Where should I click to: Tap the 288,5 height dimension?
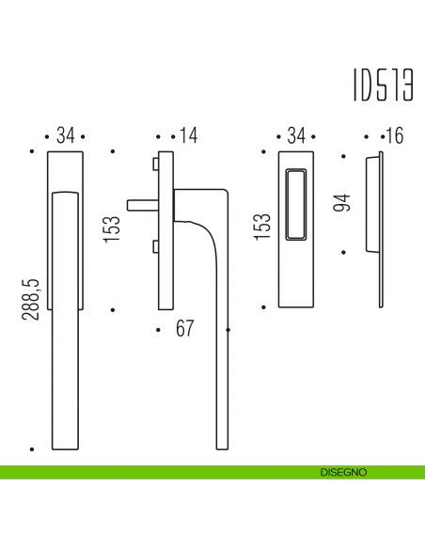[x=30, y=299]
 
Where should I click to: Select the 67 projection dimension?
[x=183, y=329]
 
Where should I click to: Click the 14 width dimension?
[x=188, y=135]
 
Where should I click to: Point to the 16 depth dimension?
[x=393, y=135]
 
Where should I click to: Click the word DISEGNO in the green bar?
[x=342, y=472]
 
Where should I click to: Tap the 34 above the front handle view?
[x=65, y=135]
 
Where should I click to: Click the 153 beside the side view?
[x=113, y=228]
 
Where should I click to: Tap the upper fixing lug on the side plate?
[x=153, y=165]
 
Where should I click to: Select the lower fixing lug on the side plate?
[x=153, y=247]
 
